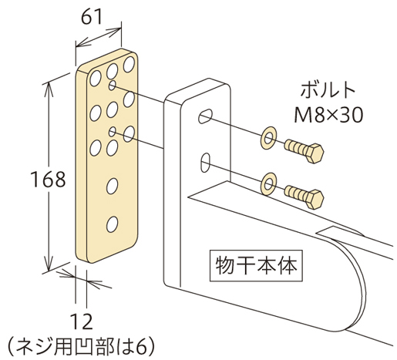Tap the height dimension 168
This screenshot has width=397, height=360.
48,179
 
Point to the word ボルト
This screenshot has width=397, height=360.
328,90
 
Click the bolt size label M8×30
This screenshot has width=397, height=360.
328,115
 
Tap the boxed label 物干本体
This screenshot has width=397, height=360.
256,265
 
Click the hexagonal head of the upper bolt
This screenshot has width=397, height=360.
315,153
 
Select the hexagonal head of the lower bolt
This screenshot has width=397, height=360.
315,199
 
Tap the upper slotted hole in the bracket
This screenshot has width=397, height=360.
205,116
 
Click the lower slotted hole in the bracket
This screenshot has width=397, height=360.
205,163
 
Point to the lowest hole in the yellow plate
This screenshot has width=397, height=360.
112,224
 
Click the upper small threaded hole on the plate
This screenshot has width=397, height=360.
113,86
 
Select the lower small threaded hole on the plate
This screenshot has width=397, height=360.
113,132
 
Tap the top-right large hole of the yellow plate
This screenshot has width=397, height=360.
129,64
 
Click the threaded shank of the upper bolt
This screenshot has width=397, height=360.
295,147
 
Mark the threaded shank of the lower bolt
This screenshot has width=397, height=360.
295,193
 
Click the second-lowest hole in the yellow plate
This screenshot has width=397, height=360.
112,186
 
